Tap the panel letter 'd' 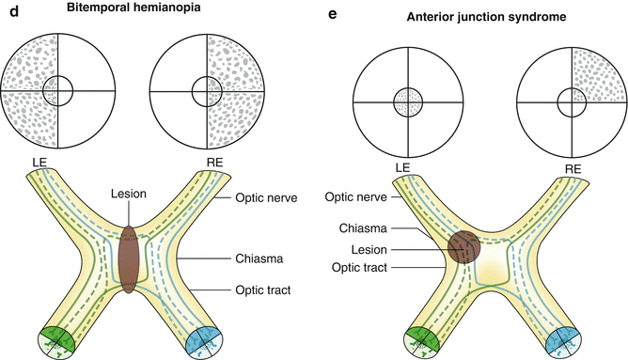pyautogui.click(x=7, y=9)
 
